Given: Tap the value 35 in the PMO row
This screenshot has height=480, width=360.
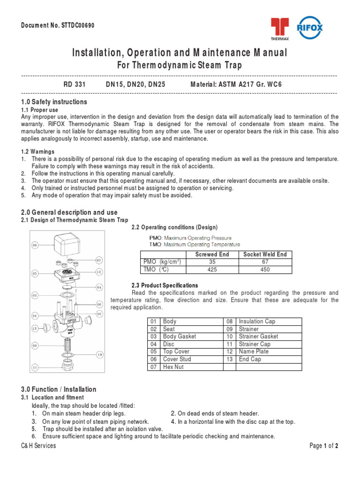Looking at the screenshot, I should [x=211, y=262].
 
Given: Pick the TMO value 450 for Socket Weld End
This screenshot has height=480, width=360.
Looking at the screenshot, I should [x=265, y=270].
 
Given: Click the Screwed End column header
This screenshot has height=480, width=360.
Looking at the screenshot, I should [x=212, y=255].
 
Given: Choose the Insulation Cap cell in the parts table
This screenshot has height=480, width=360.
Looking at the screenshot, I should [x=257, y=322].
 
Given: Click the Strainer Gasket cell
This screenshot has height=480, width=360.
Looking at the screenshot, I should [x=258, y=337].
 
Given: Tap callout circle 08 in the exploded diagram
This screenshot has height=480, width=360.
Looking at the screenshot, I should [x=35, y=245].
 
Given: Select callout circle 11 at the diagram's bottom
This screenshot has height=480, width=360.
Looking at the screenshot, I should [x=35, y=367].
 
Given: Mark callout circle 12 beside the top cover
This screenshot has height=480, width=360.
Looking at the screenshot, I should [x=99, y=272].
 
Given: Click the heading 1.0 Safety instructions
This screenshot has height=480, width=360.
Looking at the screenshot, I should [x=54, y=102].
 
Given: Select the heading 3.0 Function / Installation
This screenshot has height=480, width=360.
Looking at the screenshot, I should [x=59, y=389].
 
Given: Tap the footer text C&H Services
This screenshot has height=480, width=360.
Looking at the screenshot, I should [x=38, y=446].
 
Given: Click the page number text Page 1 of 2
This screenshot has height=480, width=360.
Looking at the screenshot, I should [x=324, y=446].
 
